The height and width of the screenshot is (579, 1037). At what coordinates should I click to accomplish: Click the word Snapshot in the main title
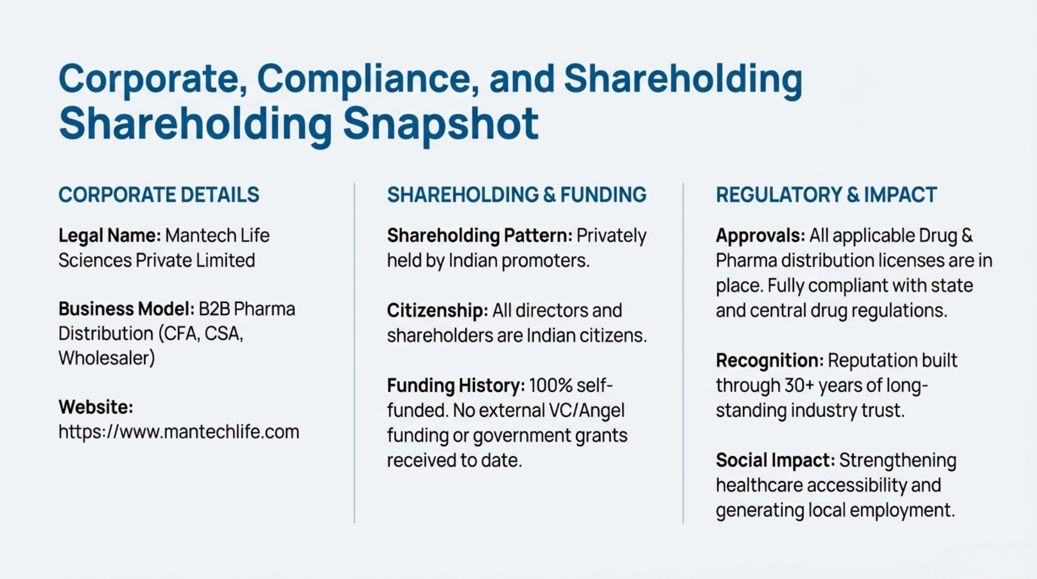(440, 124)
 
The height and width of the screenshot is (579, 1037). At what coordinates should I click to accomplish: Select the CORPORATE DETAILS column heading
(159, 195)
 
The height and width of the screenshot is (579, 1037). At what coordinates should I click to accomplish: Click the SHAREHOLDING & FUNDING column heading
(516, 195)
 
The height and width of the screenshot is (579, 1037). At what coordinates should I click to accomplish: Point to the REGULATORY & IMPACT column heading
(826, 195)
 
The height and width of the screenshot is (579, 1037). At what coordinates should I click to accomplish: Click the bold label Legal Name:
(110, 236)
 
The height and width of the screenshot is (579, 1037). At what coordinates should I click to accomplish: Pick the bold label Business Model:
(126, 309)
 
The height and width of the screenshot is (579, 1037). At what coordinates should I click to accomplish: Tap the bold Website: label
(96, 407)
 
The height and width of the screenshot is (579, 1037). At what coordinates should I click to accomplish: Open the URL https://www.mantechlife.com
(179, 432)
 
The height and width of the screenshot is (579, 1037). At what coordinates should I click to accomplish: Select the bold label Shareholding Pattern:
(479, 236)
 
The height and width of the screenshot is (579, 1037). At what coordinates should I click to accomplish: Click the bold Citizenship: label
(437, 310)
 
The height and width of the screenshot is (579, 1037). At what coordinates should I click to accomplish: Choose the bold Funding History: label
(456, 386)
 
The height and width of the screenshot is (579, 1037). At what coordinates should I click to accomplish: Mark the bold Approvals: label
(760, 236)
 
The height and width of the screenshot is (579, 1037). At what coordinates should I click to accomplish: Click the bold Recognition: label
(770, 361)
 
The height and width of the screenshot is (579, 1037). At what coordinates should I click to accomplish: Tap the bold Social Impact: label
(775, 460)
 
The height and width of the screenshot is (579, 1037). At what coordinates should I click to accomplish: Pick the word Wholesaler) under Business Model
(107, 358)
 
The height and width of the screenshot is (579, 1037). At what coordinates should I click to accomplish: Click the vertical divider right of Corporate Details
(355, 353)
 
